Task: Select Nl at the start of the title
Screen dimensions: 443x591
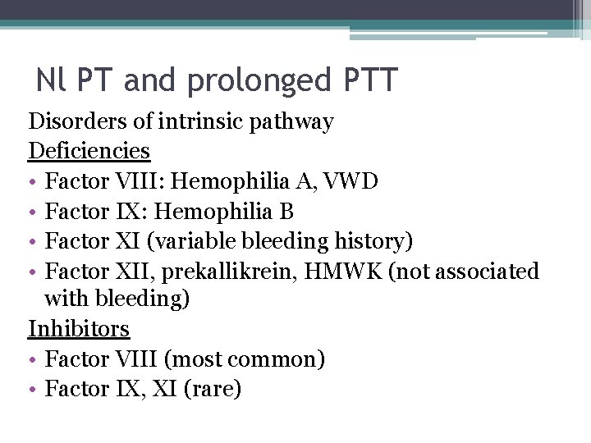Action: click(x=48, y=80)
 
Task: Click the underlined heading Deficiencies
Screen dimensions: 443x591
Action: click(x=89, y=152)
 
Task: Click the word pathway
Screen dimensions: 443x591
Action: click(x=296, y=123)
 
